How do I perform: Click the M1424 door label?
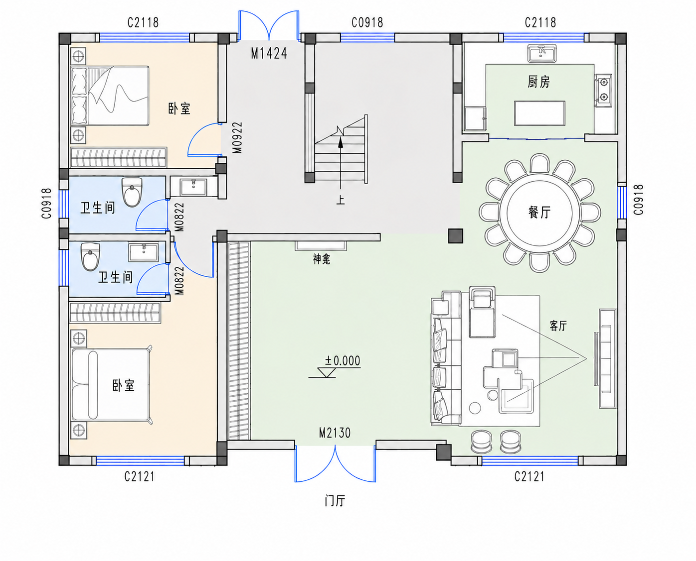click(x=269, y=53)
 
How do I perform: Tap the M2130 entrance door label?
click(x=335, y=433)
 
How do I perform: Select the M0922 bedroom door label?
click(x=237, y=137)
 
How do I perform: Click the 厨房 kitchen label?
click(x=538, y=82)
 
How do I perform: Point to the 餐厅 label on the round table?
click(x=539, y=213)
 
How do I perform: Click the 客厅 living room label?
click(x=558, y=326)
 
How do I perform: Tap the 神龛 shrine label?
click(x=322, y=259)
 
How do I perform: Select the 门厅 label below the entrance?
click(x=335, y=501)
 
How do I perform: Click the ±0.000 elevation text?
click(x=343, y=360)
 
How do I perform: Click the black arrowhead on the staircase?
click(x=341, y=142)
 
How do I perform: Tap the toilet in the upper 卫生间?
click(x=132, y=192)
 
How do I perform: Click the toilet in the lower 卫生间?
click(x=90, y=257)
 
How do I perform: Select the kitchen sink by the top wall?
click(x=542, y=53)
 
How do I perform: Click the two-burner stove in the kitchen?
click(x=603, y=90)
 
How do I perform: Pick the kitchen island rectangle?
click(x=539, y=113)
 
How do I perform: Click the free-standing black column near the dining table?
click(x=456, y=236)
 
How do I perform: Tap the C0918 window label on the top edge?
click(x=367, y=22)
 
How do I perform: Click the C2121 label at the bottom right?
click(x=529, y=476)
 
